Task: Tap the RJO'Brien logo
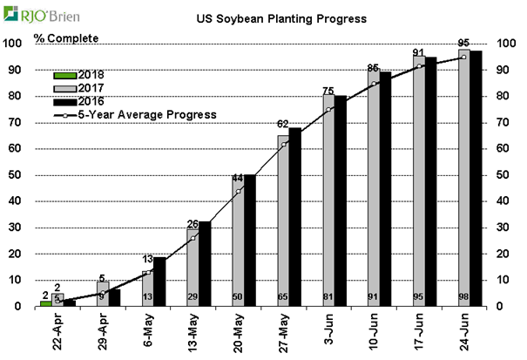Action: coord(35,14)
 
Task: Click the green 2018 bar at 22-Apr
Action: coord(45,303)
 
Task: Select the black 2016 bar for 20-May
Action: coord(250,241)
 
